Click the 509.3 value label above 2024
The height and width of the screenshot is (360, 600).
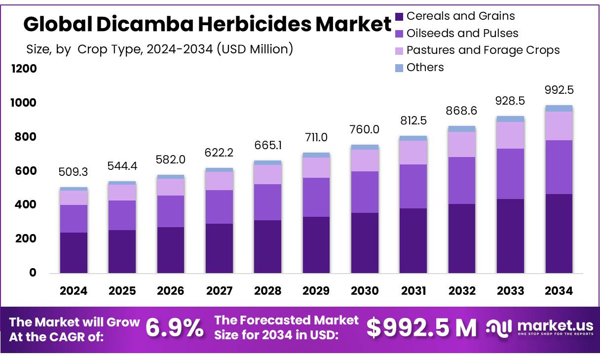point(73,173)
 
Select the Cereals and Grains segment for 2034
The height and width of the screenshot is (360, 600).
point(559,233)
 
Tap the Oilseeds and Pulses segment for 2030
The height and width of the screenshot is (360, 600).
point(365,192)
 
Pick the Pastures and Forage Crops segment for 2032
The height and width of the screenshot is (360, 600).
point(462,144)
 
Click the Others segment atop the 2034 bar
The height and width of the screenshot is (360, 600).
point(559,108)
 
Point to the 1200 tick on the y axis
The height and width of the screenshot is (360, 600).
point(24,69)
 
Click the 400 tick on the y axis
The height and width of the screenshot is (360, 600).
point(24,204)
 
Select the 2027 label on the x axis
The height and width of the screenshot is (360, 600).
point(219,291)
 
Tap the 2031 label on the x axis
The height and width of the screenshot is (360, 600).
point(413,291)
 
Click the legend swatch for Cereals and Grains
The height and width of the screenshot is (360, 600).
point(399,17)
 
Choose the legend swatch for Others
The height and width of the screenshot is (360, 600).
point(399,68)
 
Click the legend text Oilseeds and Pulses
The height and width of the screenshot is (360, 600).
point(462,33)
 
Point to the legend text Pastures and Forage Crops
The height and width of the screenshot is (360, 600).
point(483,50)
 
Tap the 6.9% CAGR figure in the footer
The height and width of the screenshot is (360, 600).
point(175,328)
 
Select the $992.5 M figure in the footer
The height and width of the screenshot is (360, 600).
point(422,328)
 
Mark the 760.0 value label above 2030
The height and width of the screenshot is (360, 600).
point(365,129)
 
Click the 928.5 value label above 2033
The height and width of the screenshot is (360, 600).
point(510,101)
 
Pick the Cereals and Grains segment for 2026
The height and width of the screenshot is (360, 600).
point(170,250)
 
